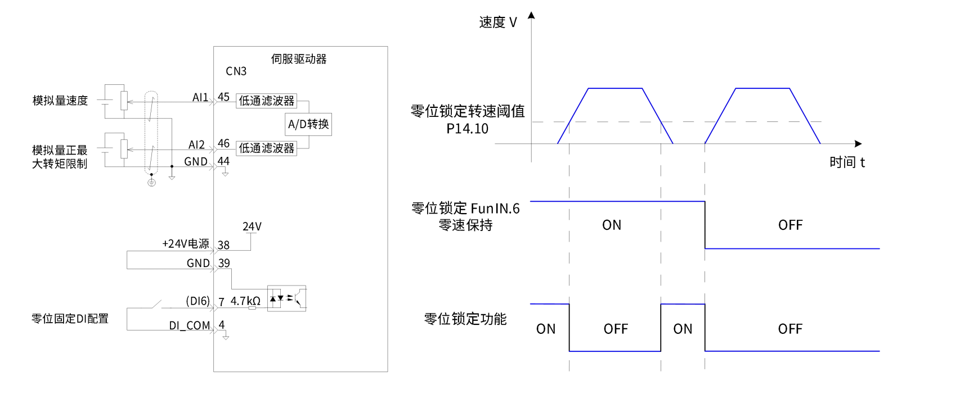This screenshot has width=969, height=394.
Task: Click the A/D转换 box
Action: [308, 124]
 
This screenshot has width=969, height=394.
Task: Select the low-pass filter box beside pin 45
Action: [266, 101]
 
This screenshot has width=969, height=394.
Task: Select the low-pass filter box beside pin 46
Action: [266, 148]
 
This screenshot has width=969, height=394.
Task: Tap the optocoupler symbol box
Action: [286, 298]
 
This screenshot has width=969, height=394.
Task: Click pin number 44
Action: [223, 161]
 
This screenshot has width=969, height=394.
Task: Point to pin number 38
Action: [223, 245]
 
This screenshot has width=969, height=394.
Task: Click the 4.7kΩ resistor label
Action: [245, 301]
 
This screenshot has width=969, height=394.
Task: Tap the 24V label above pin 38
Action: [252, 227]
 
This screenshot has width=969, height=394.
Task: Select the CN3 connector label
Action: [236, 71]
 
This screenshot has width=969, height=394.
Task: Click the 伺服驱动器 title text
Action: [299, 59]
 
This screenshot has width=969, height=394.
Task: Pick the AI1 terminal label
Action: [200, 97]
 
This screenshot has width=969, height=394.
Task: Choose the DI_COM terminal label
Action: [190, 326]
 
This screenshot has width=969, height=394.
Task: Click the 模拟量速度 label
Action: [60, 101]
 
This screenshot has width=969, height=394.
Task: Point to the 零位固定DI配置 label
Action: [70, 319]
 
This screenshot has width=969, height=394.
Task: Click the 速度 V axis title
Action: [497, 22]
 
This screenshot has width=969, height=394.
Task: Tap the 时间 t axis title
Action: [846, 162]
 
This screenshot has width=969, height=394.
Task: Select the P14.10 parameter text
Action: [467, 129]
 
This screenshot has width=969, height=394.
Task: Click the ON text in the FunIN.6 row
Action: [612, 225]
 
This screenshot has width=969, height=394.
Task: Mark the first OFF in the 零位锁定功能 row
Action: [616, 329]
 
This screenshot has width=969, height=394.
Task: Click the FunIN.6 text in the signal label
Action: [495, 209]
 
